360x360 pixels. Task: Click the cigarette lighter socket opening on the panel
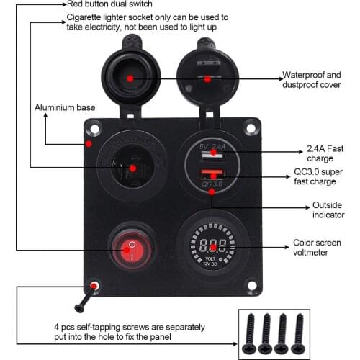131,169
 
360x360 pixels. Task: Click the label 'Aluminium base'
65,107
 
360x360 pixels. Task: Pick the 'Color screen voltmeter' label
321,248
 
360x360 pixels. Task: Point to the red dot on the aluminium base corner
89,144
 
